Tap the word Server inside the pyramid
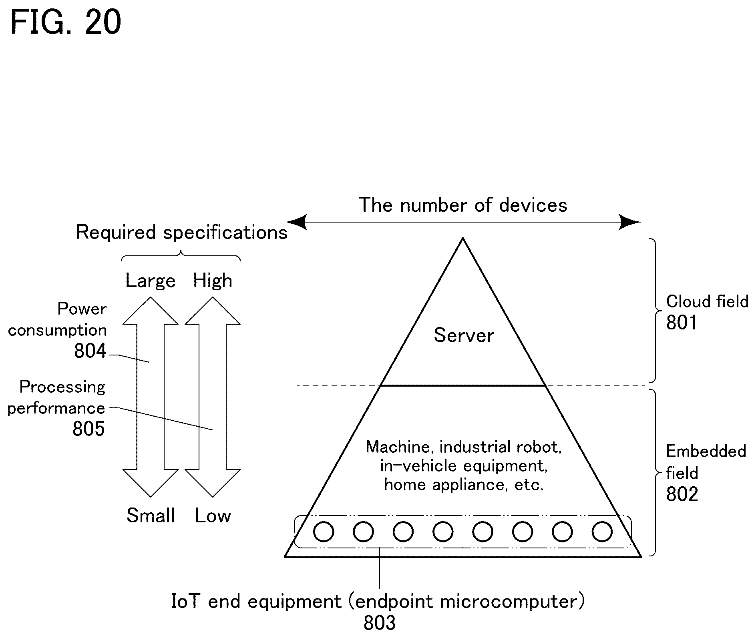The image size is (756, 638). pos(464,335)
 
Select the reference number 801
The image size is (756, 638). pos(681,322)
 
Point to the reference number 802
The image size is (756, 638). pos(682,494)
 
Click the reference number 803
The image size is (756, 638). pos(379,623)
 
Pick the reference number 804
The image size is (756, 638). pos(90,351)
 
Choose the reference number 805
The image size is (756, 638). pos(88,429)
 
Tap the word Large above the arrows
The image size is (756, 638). pos(150,281)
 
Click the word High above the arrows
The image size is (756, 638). pos(213,281)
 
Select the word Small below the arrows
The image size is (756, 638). pos(151,516)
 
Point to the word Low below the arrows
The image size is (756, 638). pos(213,516)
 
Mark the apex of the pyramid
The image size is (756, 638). pos(463,239)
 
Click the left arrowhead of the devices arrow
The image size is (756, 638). pos(297,222)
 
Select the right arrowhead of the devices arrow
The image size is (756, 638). pos(630,222)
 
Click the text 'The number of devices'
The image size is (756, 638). pos(463,205)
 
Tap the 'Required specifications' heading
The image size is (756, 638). pos(181,232)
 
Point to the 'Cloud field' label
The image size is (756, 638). pos(707,301)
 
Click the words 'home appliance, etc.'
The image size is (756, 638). pos(464,485)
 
